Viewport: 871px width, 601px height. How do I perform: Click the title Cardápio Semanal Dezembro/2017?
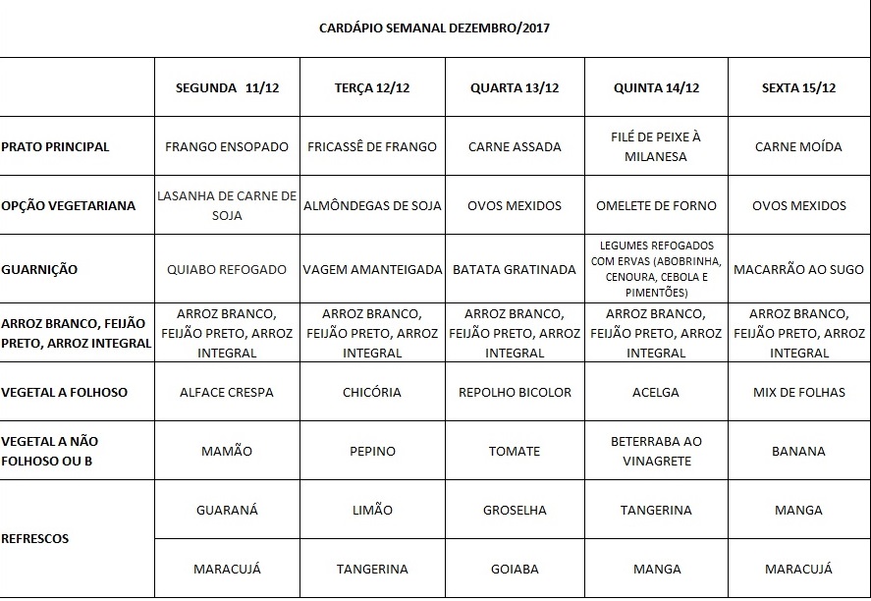[x=435, y=28]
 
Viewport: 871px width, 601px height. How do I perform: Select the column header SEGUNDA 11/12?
[x=227, y=87]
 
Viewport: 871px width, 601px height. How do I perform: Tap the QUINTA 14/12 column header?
[x=656, y=87]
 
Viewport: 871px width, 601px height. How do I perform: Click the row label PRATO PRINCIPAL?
[x=55, y=146]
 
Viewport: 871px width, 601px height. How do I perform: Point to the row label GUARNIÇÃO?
[x=39, y=269]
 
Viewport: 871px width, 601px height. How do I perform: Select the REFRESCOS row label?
[x=35, y=538]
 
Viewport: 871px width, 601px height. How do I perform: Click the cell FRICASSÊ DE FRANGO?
[x=372, y=146]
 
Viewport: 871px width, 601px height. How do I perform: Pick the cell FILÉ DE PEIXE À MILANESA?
[x=656, y=146]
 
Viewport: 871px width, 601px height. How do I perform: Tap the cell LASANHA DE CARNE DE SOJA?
[x=227, y=205]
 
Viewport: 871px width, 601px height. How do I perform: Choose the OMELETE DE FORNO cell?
[x=656, y=205]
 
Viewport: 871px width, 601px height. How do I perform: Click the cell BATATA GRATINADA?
[x=515, y=269]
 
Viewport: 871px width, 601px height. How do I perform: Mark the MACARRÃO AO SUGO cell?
[x=798, y=269]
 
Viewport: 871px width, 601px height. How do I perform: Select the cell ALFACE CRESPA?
[x=227, y=392]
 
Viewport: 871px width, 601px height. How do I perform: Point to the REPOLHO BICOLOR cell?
[x=515, y=392]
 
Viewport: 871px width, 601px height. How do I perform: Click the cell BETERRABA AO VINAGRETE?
[x=656, y=451]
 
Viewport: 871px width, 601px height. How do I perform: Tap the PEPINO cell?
[x=372, y=451]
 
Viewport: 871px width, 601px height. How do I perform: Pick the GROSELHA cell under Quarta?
[x=515, y=510]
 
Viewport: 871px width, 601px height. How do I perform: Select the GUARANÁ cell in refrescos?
[x=227, y=510]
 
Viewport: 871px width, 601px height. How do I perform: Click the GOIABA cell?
[x=515, y=569]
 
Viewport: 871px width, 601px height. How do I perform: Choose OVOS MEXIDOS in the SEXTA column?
[x=798, y=205]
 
